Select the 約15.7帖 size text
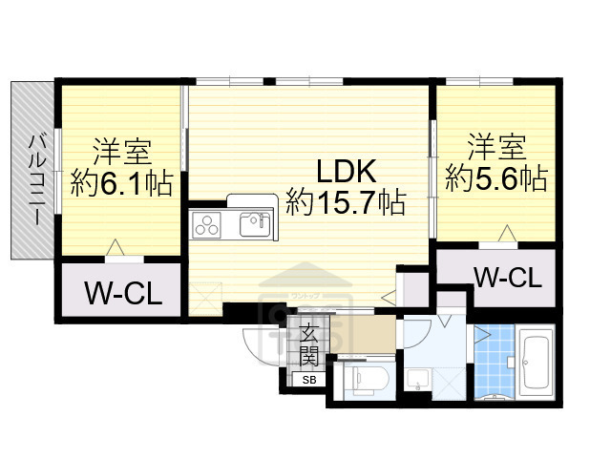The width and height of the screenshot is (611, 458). [346, 202]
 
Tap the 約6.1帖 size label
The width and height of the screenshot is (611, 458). [121, 182]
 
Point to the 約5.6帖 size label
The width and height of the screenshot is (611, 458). [496, 177]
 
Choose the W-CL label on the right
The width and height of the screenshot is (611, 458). [508, 278]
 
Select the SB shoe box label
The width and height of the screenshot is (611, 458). [308, 381]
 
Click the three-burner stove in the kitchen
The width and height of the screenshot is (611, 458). [207, 225]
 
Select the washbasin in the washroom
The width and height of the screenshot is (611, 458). [419, 380]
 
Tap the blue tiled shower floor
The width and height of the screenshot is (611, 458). [494, 363]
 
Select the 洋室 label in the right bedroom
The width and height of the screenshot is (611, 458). [496, 149]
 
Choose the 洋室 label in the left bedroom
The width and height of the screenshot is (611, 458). [121, 153]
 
